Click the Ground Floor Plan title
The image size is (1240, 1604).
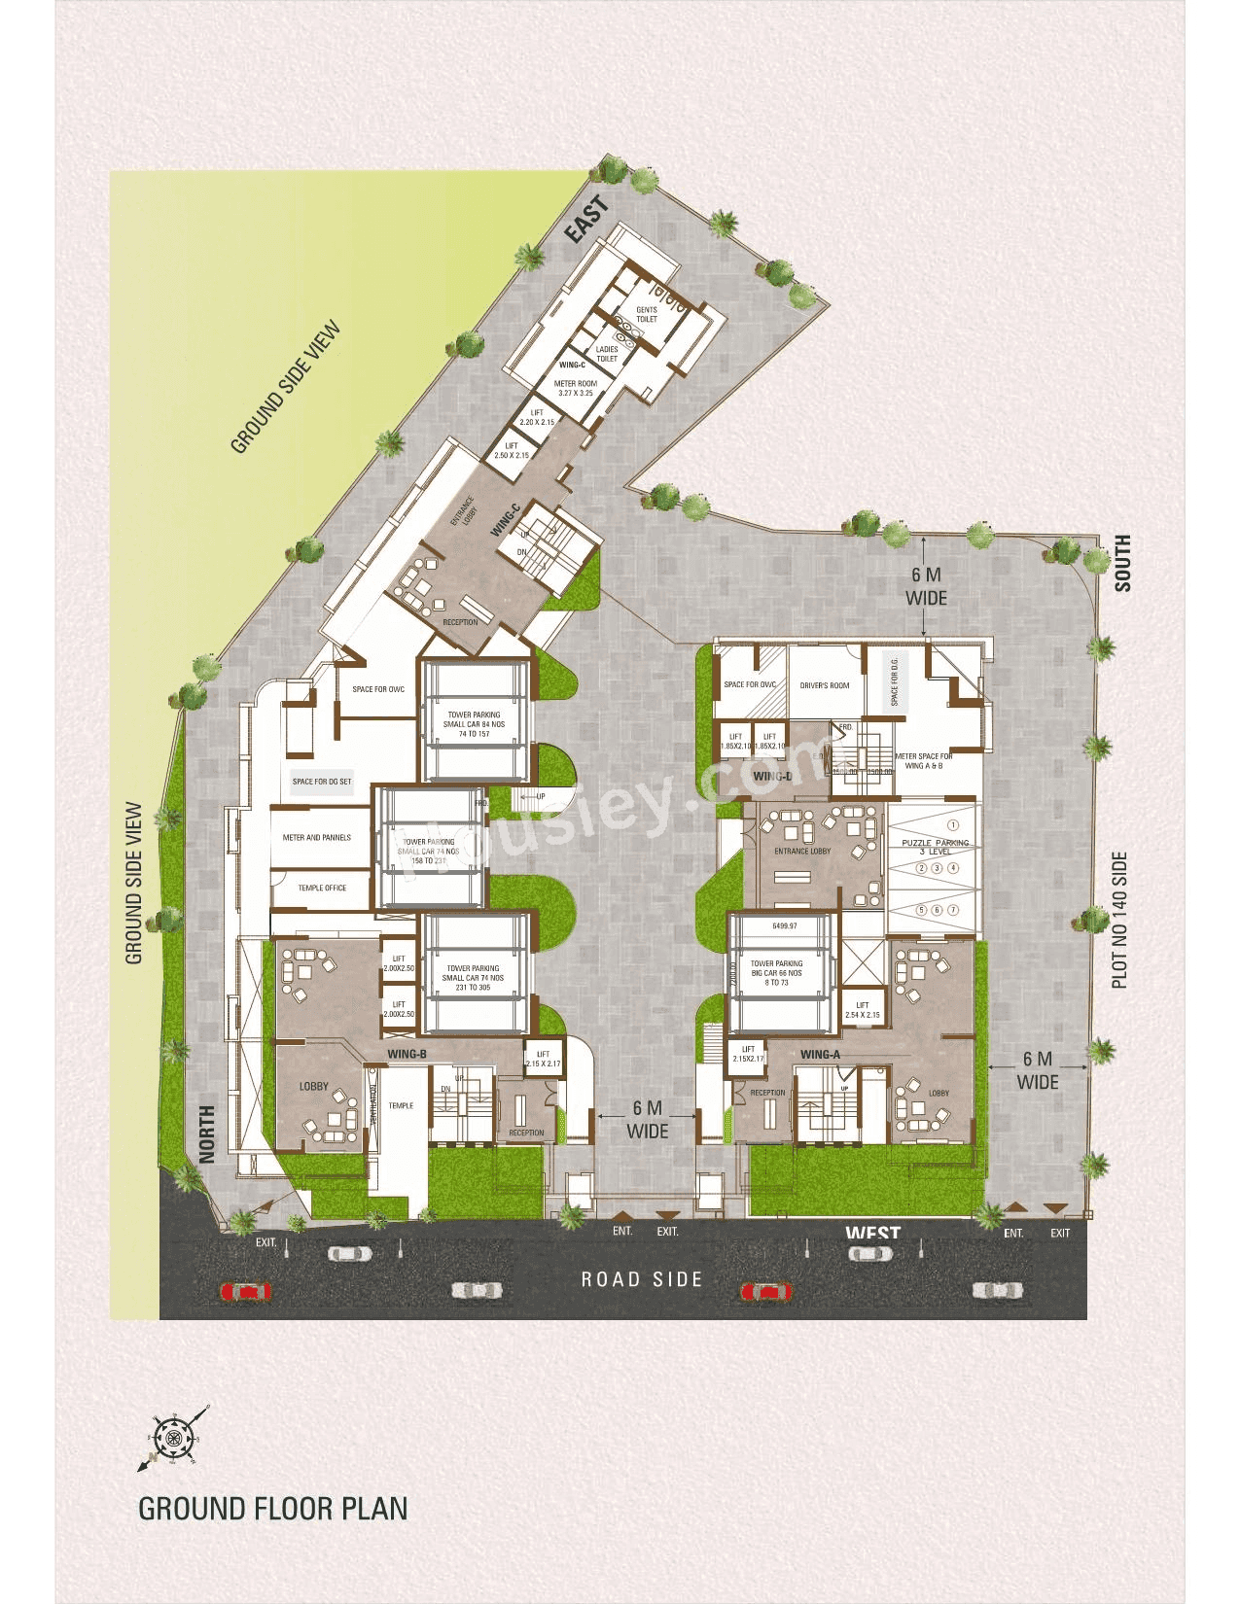pos(273,1508)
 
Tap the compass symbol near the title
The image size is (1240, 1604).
pos(174,1437)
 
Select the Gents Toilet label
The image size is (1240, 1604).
pos(647,315)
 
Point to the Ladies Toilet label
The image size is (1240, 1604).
pos(607,354)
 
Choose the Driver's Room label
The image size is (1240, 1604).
pos(825,685)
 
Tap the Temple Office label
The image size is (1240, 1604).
pos(322,888)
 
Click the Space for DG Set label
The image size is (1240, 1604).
pos(322,782)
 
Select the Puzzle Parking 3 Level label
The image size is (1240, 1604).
pos(935,847)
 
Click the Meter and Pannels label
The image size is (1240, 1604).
pos(317,837)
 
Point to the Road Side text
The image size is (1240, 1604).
pos(642,1279)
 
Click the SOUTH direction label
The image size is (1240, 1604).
pos(1122,563)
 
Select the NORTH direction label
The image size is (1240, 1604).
pos(207,1133)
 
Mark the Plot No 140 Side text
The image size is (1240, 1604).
pos(1119,921)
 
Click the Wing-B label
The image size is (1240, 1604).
pos(407,1055)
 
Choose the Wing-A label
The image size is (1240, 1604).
pos(820,1055)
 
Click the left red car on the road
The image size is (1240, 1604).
pos(246,1292)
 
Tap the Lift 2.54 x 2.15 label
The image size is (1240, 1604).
pos(863,1010)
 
